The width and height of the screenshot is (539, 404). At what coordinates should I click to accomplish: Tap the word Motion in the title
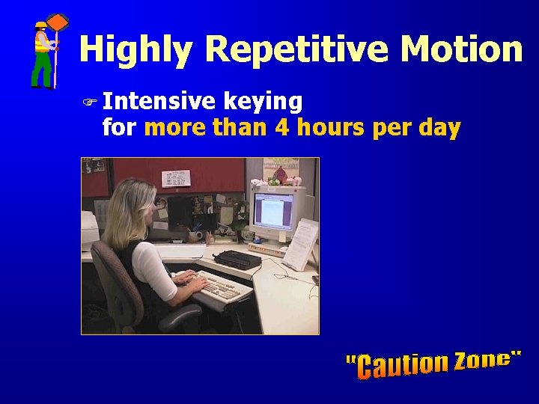(461, 49)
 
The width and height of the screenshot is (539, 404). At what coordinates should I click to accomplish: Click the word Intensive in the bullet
(159, 101)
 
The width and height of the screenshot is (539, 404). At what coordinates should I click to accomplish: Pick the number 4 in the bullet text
(282, 128)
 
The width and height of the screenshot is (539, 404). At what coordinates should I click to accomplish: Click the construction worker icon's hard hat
(40, 25)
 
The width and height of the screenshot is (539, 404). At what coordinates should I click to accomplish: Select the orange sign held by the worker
(58, 22)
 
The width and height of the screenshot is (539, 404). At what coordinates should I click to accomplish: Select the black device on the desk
(237, 260)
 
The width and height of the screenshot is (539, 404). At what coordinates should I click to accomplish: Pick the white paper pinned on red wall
(176, 178)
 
